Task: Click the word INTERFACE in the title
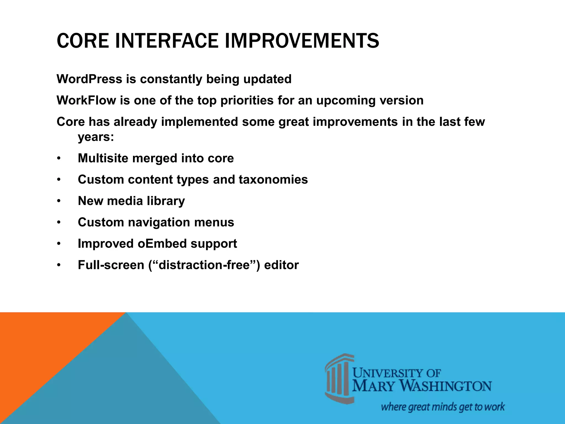[167, 41]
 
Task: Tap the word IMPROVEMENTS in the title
[302, 41]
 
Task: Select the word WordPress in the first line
[89, 79]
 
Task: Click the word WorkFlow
[86, 100]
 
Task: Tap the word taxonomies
[273, 180]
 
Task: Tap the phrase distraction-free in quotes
[204, 265]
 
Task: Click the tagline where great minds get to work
[443, 407]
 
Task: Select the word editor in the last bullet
[281, 265]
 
